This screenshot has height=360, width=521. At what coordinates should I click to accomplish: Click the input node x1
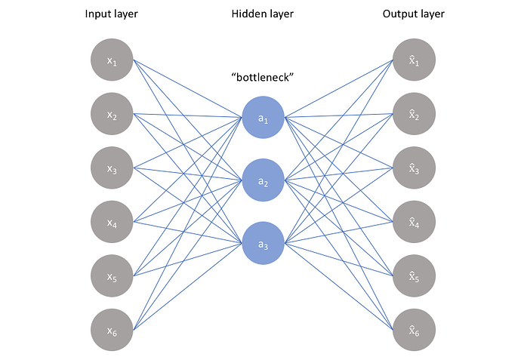tap(112, 60)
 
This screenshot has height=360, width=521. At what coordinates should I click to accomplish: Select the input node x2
tap(112, 115)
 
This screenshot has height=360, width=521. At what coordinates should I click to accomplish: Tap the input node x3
tap(112, 168)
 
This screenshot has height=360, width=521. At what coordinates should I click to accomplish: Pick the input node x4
tap(112, 223)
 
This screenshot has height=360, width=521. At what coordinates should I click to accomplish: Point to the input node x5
tap(112, 276)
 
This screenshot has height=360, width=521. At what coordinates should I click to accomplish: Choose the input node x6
tap(112, 331)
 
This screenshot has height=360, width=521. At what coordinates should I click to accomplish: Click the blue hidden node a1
tap(263, 118)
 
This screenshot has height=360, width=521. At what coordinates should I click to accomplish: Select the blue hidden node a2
tap(263, 181)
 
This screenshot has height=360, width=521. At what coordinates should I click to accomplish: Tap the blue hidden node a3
tap(263, 243)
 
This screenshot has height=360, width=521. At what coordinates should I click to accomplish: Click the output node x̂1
tap(414, 60)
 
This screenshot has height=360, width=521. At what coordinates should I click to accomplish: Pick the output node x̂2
tap(414, 115)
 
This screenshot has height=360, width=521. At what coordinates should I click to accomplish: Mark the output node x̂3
tap(414, 168)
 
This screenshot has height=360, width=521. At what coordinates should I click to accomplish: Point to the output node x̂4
tap(414, 223)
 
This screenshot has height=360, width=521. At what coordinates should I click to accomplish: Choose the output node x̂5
tap(414, 276)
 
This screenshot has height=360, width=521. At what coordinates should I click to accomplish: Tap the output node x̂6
tap(414, 331)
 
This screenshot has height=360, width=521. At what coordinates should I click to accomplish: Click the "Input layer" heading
tap(112, 14)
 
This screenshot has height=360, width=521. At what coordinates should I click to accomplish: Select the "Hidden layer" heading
tap(263, 14)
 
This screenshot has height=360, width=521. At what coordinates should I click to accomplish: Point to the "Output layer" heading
tap(414, 14)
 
